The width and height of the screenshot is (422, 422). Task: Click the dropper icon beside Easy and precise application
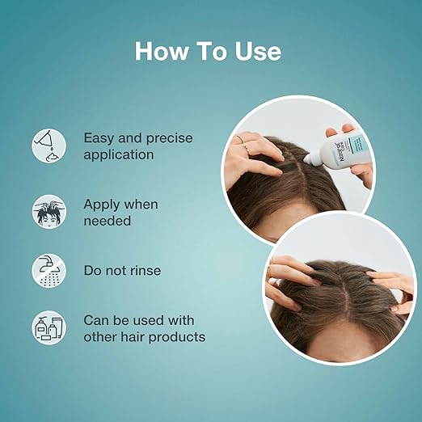[x=48, y=145]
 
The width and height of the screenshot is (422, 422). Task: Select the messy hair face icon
[x=48, y=212]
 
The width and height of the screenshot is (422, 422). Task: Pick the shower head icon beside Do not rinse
[x=48, y=270]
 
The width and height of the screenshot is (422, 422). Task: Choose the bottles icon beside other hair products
[x=48, y=327]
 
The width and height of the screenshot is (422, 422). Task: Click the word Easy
[x=101, y=137]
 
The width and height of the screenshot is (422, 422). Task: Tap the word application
[x=120, y=154]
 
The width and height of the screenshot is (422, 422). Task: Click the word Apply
[x=103, y=205]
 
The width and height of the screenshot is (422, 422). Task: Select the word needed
[x=108, y=220]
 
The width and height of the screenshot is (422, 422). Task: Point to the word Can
[x=98, y=320]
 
